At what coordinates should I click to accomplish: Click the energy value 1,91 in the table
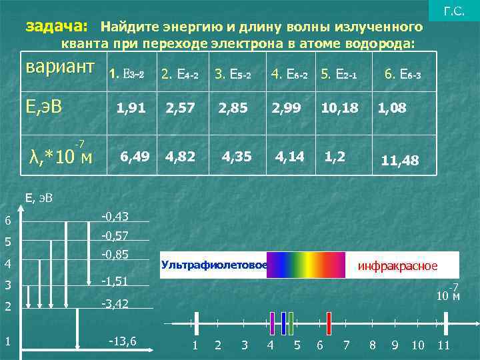coord(131,107)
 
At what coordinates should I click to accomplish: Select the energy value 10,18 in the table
coord(339,107)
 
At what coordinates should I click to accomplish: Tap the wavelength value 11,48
coord(399,160)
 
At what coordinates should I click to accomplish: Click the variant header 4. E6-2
coord(289,74)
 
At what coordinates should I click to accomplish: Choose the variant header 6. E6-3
coord(403,74)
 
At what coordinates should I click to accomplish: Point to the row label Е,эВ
coord(44,105)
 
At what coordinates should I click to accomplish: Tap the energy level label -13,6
coord(123,341)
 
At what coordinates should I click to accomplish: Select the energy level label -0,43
coord(115,217)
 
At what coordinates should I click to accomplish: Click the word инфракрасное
coord(398,266)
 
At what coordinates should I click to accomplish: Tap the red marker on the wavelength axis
coord(329,323)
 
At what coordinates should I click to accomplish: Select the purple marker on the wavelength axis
coord(272,323)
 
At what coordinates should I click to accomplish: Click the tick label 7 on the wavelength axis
coord(346,345)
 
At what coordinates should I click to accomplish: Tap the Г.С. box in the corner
coord(454,11)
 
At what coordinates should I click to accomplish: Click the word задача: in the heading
coord(56,27)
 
